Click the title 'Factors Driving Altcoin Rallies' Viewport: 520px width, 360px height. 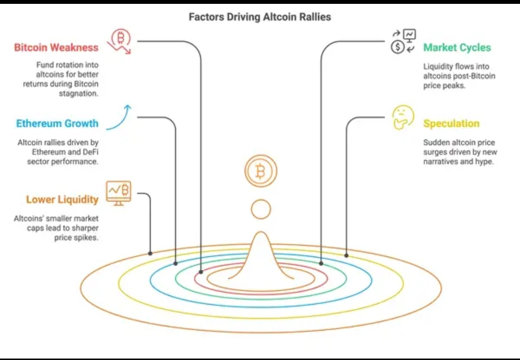pyautogui.click(x=260, y=17)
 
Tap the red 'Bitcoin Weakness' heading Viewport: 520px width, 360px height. pyautogui.click(x=56, y=47)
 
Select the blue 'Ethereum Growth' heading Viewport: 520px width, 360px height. pyautogui.click(x=57, y=123)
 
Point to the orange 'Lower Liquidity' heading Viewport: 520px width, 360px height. pyautogui.click(x=62, y=200)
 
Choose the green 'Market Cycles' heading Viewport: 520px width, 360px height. pyautogui.click(x=457, y=47)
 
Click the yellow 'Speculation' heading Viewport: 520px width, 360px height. pyautogui.click(x=451, y=123)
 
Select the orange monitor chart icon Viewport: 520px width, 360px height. pyautogui.click(x=118, y=193)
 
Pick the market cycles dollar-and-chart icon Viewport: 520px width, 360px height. pyautogui.click(x=403, y=41)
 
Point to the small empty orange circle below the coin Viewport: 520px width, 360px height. pyautogui.click(x=260, y=209)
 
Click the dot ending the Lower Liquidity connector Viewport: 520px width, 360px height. pyautogui.click(x=150, y=253)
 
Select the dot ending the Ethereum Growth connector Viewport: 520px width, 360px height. pyautogui.click(x=176, y=263)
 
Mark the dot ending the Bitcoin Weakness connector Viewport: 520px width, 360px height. pyautogui.click(x=201, y=273)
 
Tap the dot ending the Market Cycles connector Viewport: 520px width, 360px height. pyautogui.click(x=321, y=263)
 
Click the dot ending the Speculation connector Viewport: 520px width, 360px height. pyautogui.click(x=346, y=255)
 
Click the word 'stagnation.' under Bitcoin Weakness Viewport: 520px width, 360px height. pyautogui.click(x=78, y=93)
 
